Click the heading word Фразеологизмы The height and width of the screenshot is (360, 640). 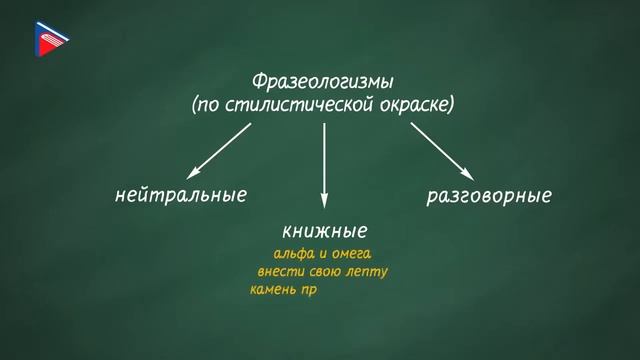click(322, 80)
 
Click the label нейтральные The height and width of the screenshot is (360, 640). click(181, 194)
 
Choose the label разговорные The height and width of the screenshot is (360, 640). click(489, 195)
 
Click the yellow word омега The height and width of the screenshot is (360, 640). click(351, 254)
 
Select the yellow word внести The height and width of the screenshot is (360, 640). click(279, 272)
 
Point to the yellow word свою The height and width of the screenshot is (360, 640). click(324, 272)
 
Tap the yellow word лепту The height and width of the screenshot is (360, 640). click(367, 272)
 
